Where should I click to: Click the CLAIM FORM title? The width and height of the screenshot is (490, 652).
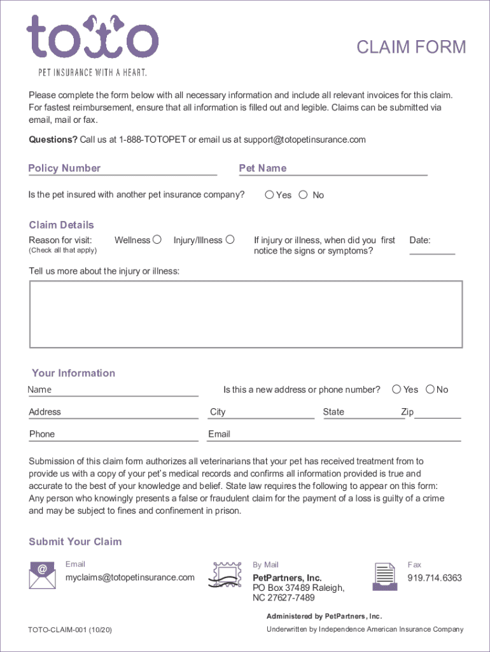(x=411, y=47)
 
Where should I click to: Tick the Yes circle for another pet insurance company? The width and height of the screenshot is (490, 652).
(x=270, y=195)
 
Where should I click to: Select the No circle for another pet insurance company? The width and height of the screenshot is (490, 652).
(x=303, y=195)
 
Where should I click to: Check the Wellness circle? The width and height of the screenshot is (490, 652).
(x=157, y=239)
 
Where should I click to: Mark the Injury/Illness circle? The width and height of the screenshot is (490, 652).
(x=230, y=239)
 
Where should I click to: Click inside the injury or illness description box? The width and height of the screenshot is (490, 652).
(x=246, y=314)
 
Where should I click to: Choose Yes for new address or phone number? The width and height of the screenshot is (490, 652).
(x=397, y=389)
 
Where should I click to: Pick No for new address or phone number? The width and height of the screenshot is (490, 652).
(x=430, y=389)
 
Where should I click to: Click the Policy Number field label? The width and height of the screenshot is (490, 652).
(x=64, y=168)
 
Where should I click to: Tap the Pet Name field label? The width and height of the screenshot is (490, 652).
(x=263, y=168)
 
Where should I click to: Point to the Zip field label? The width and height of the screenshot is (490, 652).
(x=407, y=412)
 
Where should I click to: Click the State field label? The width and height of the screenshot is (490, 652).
(x=333, y=412)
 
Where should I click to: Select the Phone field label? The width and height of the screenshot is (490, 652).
(x=42, y=434)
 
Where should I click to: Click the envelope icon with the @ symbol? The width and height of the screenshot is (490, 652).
(x=42, y=575)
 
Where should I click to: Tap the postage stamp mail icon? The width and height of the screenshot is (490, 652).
(x=228, y=575)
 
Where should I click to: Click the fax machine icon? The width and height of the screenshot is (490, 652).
(x=384, y=576)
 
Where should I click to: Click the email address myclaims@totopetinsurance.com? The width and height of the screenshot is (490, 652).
(x=130, y=578)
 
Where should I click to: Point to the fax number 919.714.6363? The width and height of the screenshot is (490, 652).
(x=435, y=578)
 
